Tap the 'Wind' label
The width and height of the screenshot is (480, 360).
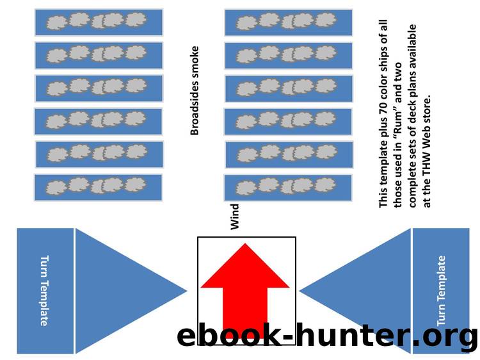pos(235,217)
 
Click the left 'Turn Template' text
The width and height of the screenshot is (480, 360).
pos(44,290)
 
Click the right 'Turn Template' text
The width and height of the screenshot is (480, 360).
pos(441,290)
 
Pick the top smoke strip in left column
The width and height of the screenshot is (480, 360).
pos(99,22)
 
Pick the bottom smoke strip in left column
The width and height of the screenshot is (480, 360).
pos(99,187)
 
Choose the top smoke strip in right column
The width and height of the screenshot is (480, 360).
pos(289,22)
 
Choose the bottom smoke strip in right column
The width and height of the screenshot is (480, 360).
pos(289,188)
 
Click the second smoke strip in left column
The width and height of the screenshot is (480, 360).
pos(99,55)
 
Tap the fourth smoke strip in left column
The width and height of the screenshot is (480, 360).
pos(99,121)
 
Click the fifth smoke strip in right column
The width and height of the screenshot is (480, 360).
pos(289,154)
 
